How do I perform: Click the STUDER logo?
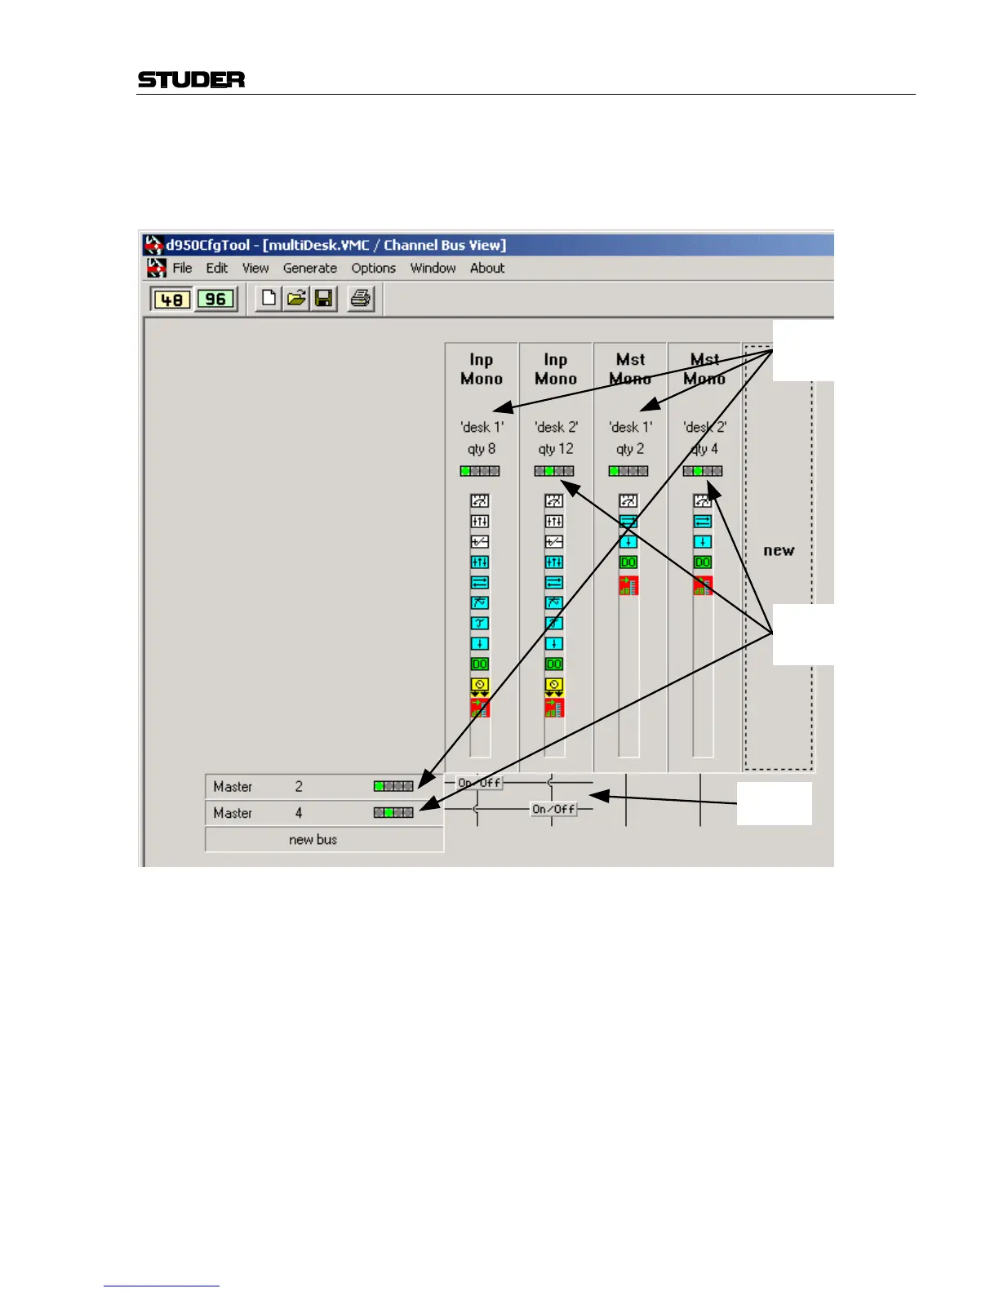(x=191, y=79)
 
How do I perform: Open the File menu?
(x=182, y=268)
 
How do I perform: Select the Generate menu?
(x=309, y=268)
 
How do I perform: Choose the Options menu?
(x=373, y=268)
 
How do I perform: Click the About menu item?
(x=486, y=268)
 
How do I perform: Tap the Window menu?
(x=433, y=268)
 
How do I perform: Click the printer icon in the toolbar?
(x=360, y=299)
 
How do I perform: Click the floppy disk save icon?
(x=324, y=299)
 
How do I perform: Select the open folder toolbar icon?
(x=296, y=299)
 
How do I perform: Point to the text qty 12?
(x=555, y=449)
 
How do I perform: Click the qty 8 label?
(x=481, y=449)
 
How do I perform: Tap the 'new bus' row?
(x=313, y=839)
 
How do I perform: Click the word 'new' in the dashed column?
(x=779, y=551)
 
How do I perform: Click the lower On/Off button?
(x=553, y=809)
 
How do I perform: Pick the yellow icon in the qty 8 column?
(x=480, y=686)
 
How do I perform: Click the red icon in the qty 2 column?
(x=628, y=584)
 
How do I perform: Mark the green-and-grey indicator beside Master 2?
(x=393, y=786)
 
